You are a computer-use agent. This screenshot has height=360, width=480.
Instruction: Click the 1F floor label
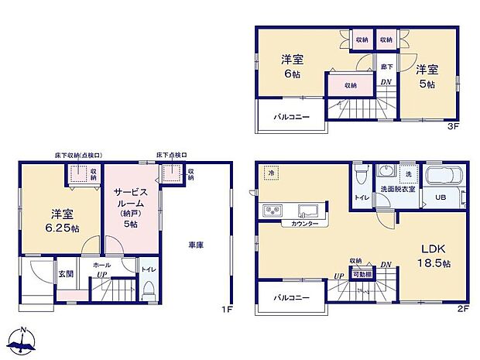[x=227, y=310]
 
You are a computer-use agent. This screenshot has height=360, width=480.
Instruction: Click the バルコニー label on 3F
[x=291, y=117]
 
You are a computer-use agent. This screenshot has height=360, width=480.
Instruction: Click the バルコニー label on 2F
[x=291, y=298]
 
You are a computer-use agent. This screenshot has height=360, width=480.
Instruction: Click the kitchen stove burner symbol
[x=273, y=210]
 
